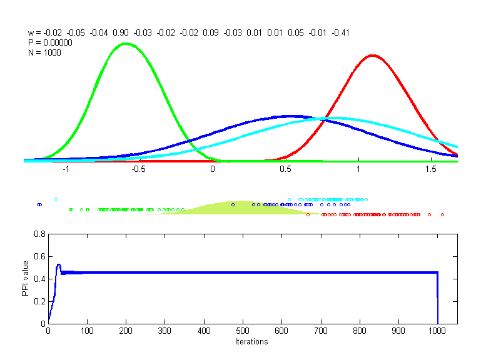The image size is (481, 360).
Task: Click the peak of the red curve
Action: (373, 56)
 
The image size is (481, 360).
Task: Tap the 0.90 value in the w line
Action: (121, 32)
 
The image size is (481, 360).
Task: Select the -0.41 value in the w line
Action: (341, 32)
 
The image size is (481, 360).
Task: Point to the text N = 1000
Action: (44, 52)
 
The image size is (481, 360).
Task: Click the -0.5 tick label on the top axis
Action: (139, 169)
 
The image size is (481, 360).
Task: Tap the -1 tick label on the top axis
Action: (66, 169)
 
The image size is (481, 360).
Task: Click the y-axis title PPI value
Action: (26, 279)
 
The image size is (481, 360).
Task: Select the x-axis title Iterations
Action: (251, 342)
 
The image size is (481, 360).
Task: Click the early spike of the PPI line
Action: (58, 265)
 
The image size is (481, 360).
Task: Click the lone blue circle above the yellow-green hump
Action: (233, 204)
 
